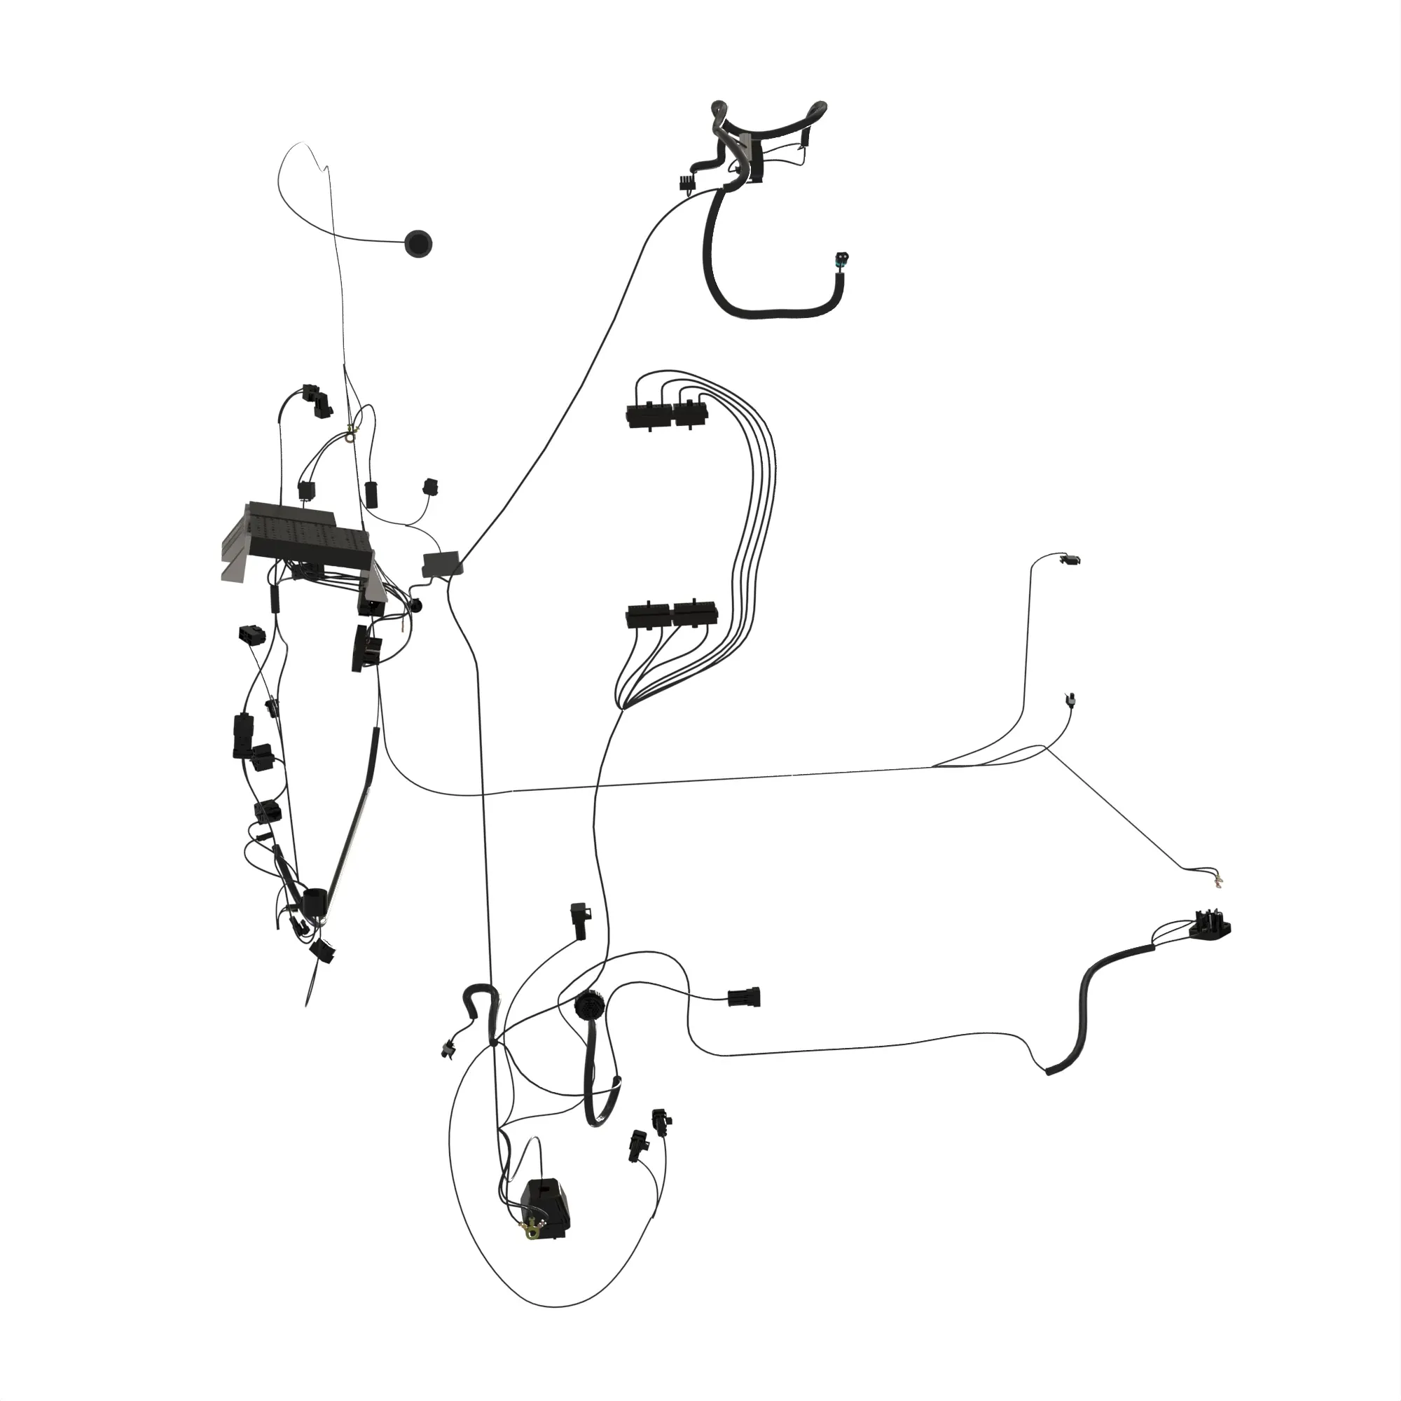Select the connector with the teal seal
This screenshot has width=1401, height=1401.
(842, 261)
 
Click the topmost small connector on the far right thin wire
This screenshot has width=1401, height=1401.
(1070, 559)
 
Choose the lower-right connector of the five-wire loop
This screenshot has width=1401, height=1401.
(695, 614)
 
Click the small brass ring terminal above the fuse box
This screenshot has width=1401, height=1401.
(352, 434)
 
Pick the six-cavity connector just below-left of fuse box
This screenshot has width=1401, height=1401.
(251, 634)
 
